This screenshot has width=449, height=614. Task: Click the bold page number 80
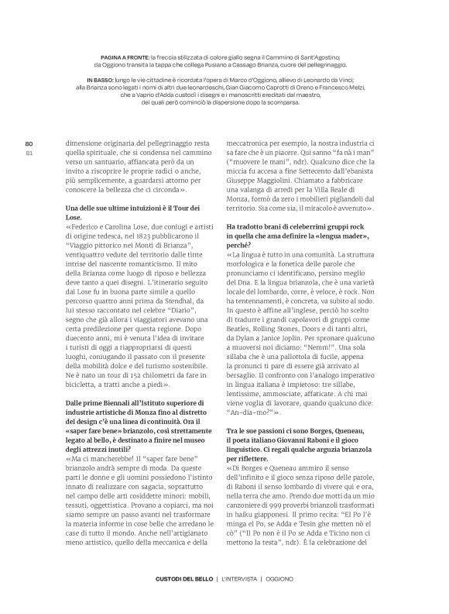[29, 143]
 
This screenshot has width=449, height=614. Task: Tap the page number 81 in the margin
[29, 152]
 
